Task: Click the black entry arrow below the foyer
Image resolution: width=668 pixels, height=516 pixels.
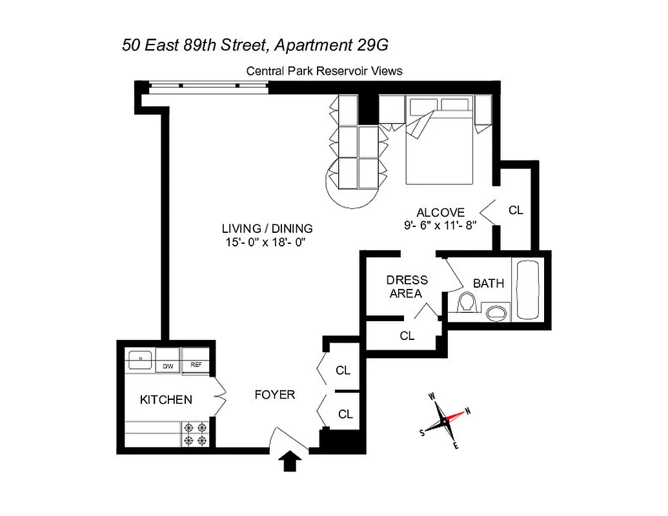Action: pyautogui.click(x=291, y=462)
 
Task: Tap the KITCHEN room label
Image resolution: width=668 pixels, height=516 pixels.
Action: pyautogui.click(x=166, y=400)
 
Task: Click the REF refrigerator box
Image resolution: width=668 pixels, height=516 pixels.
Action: pyautogui.click(x=196, y=365)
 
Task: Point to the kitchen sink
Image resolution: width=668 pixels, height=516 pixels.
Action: pyautogui.click(x=139, y=358)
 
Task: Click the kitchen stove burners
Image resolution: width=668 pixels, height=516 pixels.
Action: pyautogui.click(x=196, y=433)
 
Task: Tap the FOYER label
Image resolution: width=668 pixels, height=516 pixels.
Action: pyautogui.click(x=274, y=394)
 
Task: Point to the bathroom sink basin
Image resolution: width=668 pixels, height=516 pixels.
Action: pyautogui.click(x=496, y=313)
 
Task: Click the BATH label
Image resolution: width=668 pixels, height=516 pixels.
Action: pyautogui.click(x=489, y=283)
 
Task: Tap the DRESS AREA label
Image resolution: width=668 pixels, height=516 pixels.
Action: pyautogui.click(x=407, y=287)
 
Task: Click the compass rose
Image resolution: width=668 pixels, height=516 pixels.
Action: pyautogui.click(x=445, y=420)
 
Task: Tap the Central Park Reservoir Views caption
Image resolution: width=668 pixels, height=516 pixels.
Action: pyautogui.click(x=324, y=71)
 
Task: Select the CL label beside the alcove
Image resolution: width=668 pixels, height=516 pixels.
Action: pyautogui.click(x=516, y=210)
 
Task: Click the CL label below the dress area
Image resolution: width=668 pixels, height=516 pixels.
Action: pyautogui.click(x=407, y=336)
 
